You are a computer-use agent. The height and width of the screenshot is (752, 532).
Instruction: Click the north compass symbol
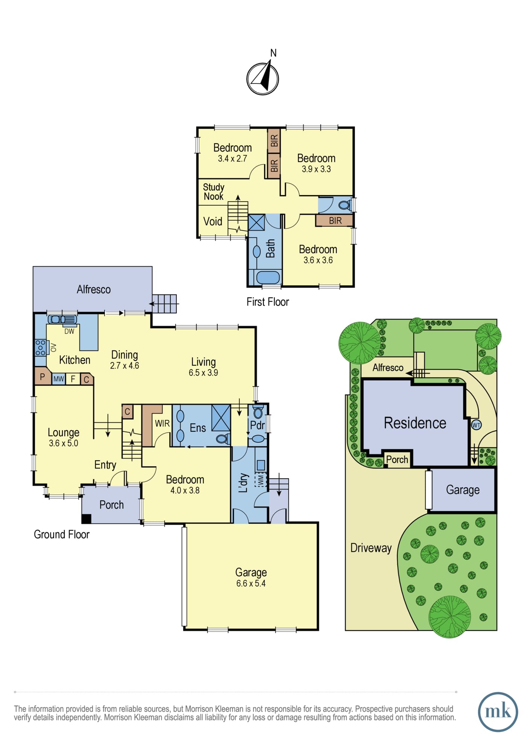point(263,78)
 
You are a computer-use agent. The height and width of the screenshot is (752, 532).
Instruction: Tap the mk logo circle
point(498,712)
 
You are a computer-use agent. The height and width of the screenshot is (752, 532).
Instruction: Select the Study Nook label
point(213,192)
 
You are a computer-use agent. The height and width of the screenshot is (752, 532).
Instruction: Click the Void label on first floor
point(213,221)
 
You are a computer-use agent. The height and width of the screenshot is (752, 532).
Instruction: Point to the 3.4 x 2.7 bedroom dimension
point(233,159)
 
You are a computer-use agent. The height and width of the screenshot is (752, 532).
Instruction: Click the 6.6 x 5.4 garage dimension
point(251,584)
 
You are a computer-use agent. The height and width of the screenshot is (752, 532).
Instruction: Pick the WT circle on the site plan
point(476,425)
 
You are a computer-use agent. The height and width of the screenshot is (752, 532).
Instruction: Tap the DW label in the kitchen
point(69,331)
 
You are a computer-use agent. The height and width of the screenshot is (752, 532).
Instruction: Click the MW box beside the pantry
point(58,379)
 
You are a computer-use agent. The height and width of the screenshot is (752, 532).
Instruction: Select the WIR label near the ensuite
point(162,423)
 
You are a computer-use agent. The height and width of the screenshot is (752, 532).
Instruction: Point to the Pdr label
point(257,425)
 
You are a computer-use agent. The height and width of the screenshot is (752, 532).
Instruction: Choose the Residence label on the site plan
point(415,423)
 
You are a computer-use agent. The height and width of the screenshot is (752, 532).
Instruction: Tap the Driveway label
point(371,548)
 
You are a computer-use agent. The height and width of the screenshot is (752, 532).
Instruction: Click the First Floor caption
point(268,302)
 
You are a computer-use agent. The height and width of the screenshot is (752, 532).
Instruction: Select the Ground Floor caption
point(62,534)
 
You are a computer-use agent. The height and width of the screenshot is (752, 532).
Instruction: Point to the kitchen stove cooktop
point(40,347)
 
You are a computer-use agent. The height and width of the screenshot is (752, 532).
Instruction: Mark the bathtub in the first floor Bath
point(268,277)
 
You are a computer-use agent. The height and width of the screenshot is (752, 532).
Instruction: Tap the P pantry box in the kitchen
point(43,376)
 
